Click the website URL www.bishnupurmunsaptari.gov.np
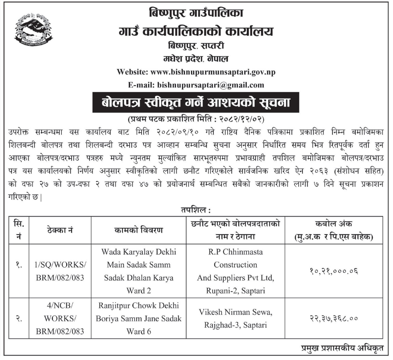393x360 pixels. pyautogui.click(x=213, y=72)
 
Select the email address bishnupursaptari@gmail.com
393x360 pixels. pyautogui.click(x=211, y=85)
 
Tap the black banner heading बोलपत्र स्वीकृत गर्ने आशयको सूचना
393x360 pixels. pyautogui.click(x=196, y=103)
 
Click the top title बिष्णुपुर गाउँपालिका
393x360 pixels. pyautogui.click(x=196, y=13)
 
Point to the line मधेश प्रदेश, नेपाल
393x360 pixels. pyautogui.click(x=196, y=59)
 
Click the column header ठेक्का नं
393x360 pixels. pyautogui.click(x=60, y=230)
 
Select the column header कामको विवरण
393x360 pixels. pyautogui.click(x=139, y=230)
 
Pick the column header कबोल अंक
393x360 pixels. pyautogui.click(x=333, y=224)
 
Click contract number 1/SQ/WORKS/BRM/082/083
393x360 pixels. pyautogui.click(x=60, y=271)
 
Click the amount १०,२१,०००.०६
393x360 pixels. pyautogui.click(x=333, y=271)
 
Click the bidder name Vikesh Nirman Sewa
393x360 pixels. pyautogui.click(x=235, y=312)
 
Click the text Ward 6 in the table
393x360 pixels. pyautogui.click(x=139, y=331)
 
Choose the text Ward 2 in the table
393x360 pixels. pyautogui.click(x=139, y=290)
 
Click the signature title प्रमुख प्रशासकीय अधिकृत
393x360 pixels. pyautogui.click(x=342, y=348)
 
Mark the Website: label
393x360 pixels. pyautogui.click(x=133, y=72)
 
